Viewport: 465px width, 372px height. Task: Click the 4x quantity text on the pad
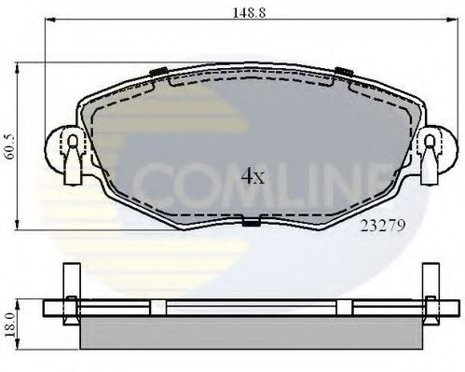pyautogui.click(x=253, y=176)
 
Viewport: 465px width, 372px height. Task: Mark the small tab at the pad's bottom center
pyautogui.click(x=250, y=222)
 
